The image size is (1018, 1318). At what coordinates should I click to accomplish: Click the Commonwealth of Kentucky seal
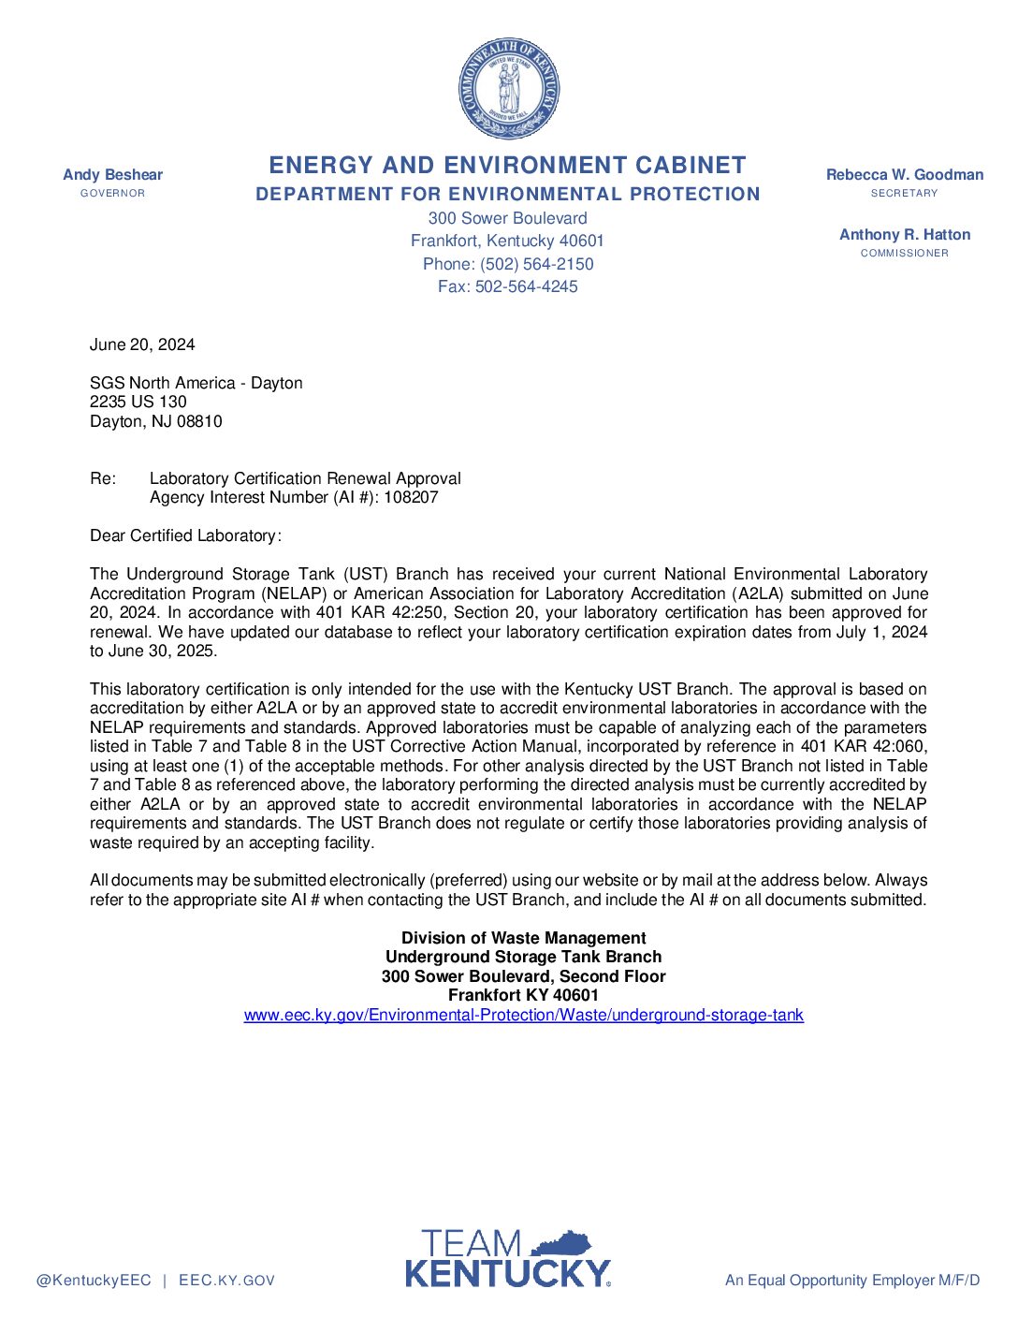pyautogui.click(x=509, y=90)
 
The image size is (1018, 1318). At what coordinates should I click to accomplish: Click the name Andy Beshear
pyautogui.click(x=112, y=175)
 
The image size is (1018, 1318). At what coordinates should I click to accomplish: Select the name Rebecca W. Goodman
pyautogui.click(x=905, y=175)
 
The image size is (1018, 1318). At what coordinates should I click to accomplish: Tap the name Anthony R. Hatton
pyautogui.click(x=905, y=235)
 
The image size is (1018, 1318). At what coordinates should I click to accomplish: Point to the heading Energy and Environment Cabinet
pyautogui.click(x=507, y=166)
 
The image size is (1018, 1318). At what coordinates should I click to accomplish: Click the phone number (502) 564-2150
pyautogui.click(x=536, y=264)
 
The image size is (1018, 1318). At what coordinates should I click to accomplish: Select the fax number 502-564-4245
pyautogui.click(x=526, y=286)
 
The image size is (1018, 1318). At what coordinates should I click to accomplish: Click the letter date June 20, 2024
pyautogui.click(x=142, y=344)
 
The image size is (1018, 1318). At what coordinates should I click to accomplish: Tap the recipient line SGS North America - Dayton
pyautogui.click(x=196, y=383)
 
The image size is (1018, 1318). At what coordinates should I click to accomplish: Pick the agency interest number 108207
pyautogui.click(x=411, y=497)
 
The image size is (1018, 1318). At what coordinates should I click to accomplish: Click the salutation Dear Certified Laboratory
pyautogui.click(x=185, y=535)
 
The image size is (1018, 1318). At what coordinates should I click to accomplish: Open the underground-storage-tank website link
pyautogui.click(x=523, y=1015)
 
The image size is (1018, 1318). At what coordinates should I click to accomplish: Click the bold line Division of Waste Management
pyautogui.click(x=523, y=938)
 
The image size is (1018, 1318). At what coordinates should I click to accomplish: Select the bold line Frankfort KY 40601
pyautogui.click(x=523, y=995)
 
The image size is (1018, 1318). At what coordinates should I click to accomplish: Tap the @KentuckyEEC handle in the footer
pyautogui.click(x=94, y=1281)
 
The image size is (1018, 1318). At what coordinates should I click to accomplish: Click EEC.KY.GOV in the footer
pyautogui.click(x=226, y=1281)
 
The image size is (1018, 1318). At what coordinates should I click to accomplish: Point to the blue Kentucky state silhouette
pyautogui.click(x=562, y=1243)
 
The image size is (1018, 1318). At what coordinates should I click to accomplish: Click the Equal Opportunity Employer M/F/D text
pyautogui.click(x=852, y=1281)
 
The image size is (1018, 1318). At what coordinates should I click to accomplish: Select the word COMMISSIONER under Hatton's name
pyautogui.click(x=905, y=254)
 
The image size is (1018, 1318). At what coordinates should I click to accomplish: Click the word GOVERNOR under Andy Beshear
pyautogui.click(x=112, y=194)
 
